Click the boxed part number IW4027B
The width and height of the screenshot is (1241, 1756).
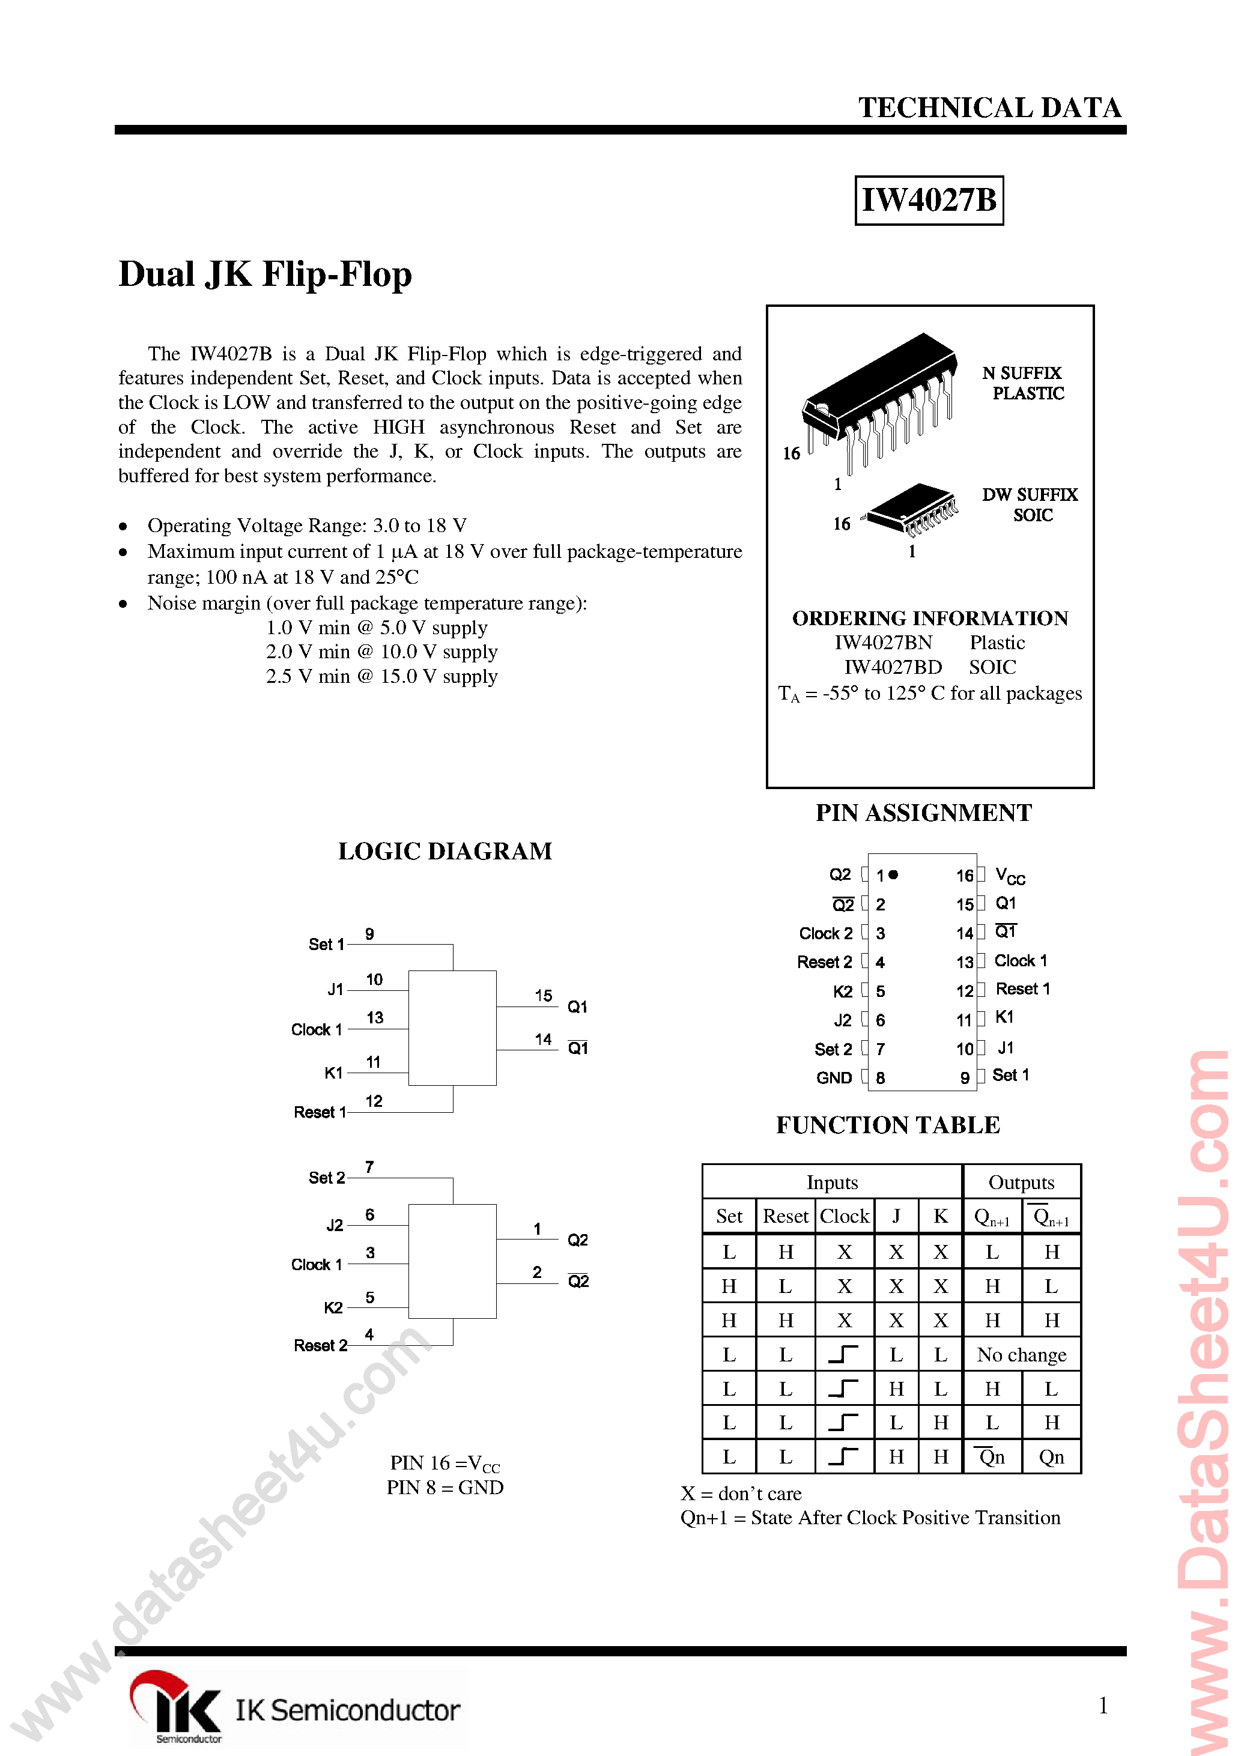click(928, 201)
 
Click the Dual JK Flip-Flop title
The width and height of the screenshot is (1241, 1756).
click(265, 274)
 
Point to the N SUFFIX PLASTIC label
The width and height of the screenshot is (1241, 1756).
click(1024, 383)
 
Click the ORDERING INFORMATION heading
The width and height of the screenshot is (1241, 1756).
click(930, 618)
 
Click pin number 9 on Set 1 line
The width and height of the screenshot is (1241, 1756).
click(369, 934)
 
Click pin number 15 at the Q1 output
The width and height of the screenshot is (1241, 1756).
click(543, 995)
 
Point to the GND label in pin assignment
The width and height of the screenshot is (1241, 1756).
click(833, 1077)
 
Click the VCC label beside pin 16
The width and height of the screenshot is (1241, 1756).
click(1009, 876)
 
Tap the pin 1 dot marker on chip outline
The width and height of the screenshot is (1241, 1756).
click(893, 874)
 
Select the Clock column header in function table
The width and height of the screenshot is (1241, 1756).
click(844, 1216)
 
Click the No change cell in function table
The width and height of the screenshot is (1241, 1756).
click(1021, 1354)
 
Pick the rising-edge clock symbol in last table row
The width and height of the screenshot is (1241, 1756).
click(843, 1456)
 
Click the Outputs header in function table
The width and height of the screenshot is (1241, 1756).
click(1021, 1182)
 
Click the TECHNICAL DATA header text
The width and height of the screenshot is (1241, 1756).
click(989, 108)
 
